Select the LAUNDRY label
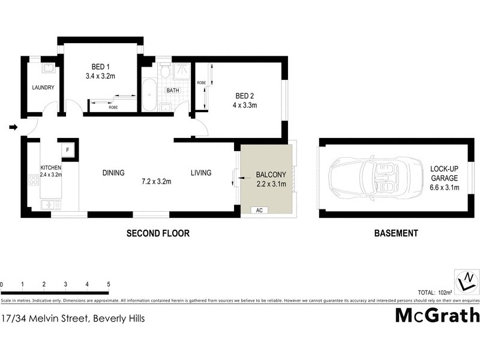click(43, 88)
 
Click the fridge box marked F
click(67, 149)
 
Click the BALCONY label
click(269, 175)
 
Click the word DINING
click(113, 173)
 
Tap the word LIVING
click(201, 173)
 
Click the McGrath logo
click(437, 315)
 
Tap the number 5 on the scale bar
click(109, 284)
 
